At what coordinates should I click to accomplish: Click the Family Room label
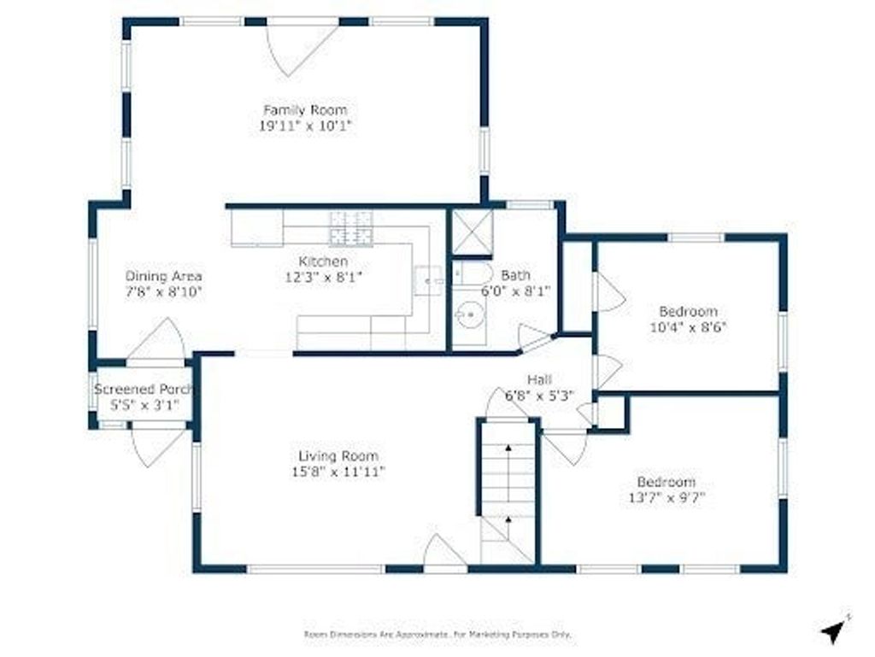point(305,110)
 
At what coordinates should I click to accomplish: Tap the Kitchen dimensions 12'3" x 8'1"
point(324,277)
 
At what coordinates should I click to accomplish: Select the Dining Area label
point(163,276)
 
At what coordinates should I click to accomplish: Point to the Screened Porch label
point(144,390)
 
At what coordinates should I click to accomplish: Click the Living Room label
point(338,456)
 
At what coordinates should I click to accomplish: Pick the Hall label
point(540,380)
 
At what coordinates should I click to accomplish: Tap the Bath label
point(515,275)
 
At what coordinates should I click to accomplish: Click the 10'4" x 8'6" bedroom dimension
point(688,327)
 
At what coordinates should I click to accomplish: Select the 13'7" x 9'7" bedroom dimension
point(667,497)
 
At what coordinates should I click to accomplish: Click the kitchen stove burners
point(351,228)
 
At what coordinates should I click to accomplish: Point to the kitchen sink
point(428,281)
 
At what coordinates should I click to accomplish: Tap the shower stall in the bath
point(472,232)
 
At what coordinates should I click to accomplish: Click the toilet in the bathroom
point(472,273)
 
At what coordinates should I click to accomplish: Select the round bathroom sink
point(468,315)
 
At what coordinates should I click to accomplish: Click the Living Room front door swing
point(444,551)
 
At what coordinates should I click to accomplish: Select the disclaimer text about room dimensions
point(438,635)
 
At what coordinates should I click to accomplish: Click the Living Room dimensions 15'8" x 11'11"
point(338,472)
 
